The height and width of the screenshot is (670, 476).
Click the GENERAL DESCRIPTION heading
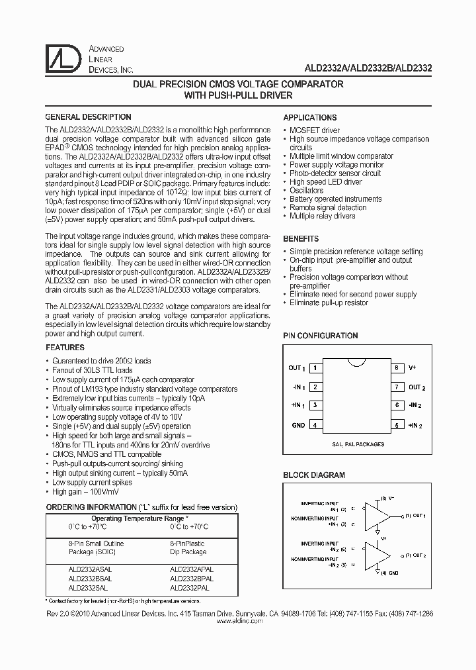click(x=88, y=117)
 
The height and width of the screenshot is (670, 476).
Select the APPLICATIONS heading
click(x=310, y=117)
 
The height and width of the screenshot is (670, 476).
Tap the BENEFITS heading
click(x=301, y=238)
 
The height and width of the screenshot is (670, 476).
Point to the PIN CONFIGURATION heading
click(x=321, y=336)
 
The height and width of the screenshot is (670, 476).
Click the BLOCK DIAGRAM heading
click(x=314, y=475)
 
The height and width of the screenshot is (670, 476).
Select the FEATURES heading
click(x=65, y=348)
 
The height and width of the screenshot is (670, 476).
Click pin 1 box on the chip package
click(x=317, y=367)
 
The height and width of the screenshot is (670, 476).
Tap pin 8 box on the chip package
click(x=396, y=367)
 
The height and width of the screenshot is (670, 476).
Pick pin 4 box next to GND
click(x=317, y=425)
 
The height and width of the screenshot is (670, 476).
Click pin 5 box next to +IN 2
click(x=396, y=425)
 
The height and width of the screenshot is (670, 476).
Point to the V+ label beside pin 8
click(x=412, y=367)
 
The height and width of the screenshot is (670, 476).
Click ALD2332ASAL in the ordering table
click(x=90, y=569)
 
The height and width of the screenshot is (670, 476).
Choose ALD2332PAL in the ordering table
click(x=190, y=587)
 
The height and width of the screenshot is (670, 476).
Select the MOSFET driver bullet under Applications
click(x=314, y=130)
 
